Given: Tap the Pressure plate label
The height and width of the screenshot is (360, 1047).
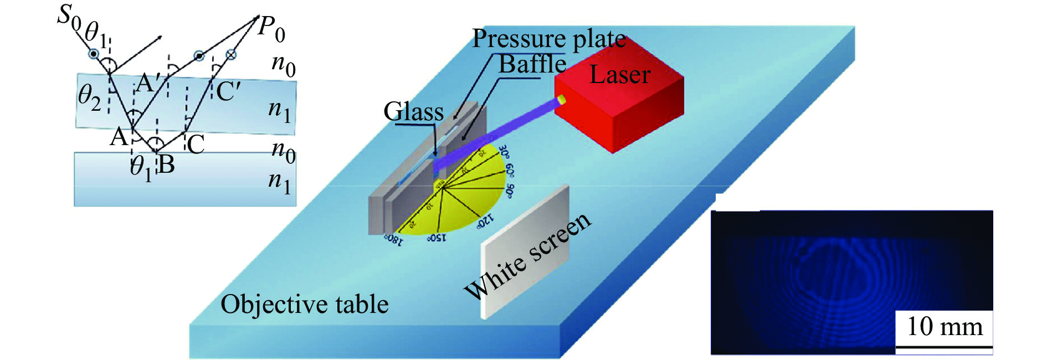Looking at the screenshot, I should tap(548, 39).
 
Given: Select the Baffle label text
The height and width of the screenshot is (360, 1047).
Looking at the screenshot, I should tap(532, 64).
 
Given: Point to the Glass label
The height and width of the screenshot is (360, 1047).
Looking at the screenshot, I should tap(414, 112).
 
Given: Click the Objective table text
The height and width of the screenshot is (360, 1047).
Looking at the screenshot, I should tap(305, 305).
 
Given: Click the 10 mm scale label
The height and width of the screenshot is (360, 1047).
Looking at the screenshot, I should tap(945, 327).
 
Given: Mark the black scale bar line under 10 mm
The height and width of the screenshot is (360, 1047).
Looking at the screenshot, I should tap(944, 348).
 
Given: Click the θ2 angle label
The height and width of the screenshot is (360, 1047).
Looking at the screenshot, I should tap(89, 97).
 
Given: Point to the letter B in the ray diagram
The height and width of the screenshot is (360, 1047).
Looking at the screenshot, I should tap(167, 164).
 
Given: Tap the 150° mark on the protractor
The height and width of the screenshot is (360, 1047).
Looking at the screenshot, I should tap(437, 238).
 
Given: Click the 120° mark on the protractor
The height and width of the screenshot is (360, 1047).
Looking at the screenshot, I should tap(483, 221).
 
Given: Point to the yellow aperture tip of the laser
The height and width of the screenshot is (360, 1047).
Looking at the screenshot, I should tap(562, 100).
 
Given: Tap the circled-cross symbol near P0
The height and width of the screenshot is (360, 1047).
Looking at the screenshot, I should tap(231, 54).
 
